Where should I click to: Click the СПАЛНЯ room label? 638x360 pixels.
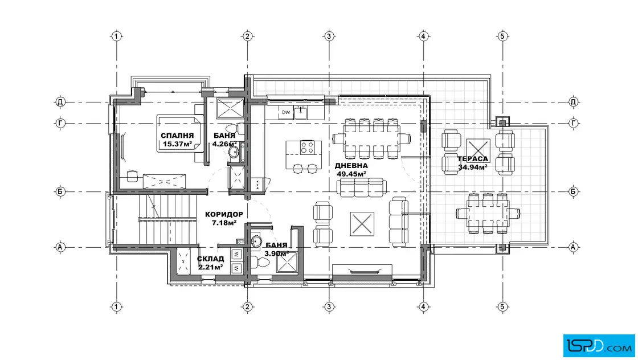[x=177, y=136]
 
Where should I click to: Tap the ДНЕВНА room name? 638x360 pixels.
[x=351, y=166]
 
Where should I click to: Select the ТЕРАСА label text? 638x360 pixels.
[x=473, y=159]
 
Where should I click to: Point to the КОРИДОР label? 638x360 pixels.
[x=224, y=214]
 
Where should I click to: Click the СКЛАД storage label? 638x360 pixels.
[x=210, y=259]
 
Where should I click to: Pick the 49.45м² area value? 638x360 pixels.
[x=351, y=174]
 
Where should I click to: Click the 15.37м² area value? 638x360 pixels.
[x=177, y=144]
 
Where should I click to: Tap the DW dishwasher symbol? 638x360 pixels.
[x=286, y=112]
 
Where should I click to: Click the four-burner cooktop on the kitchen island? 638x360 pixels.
[x=307, y=148]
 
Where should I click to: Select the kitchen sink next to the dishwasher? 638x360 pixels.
[x=300, y=112]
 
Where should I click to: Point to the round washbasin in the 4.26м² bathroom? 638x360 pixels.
[x=234, y=152]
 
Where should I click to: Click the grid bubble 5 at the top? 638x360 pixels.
[x=502, y=36]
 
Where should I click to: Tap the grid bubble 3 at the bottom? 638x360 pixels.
[x=329, y=306]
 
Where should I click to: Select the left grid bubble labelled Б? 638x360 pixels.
[x=60, y=191]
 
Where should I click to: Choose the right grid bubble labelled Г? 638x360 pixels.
[x=573, y=122]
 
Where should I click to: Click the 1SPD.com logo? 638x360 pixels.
[x=599, y=346]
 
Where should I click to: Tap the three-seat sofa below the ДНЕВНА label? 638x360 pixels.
[x=362, y=187]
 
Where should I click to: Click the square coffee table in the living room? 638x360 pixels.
[x=362, y=223]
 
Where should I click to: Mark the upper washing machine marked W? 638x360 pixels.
[x=236, y=255]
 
